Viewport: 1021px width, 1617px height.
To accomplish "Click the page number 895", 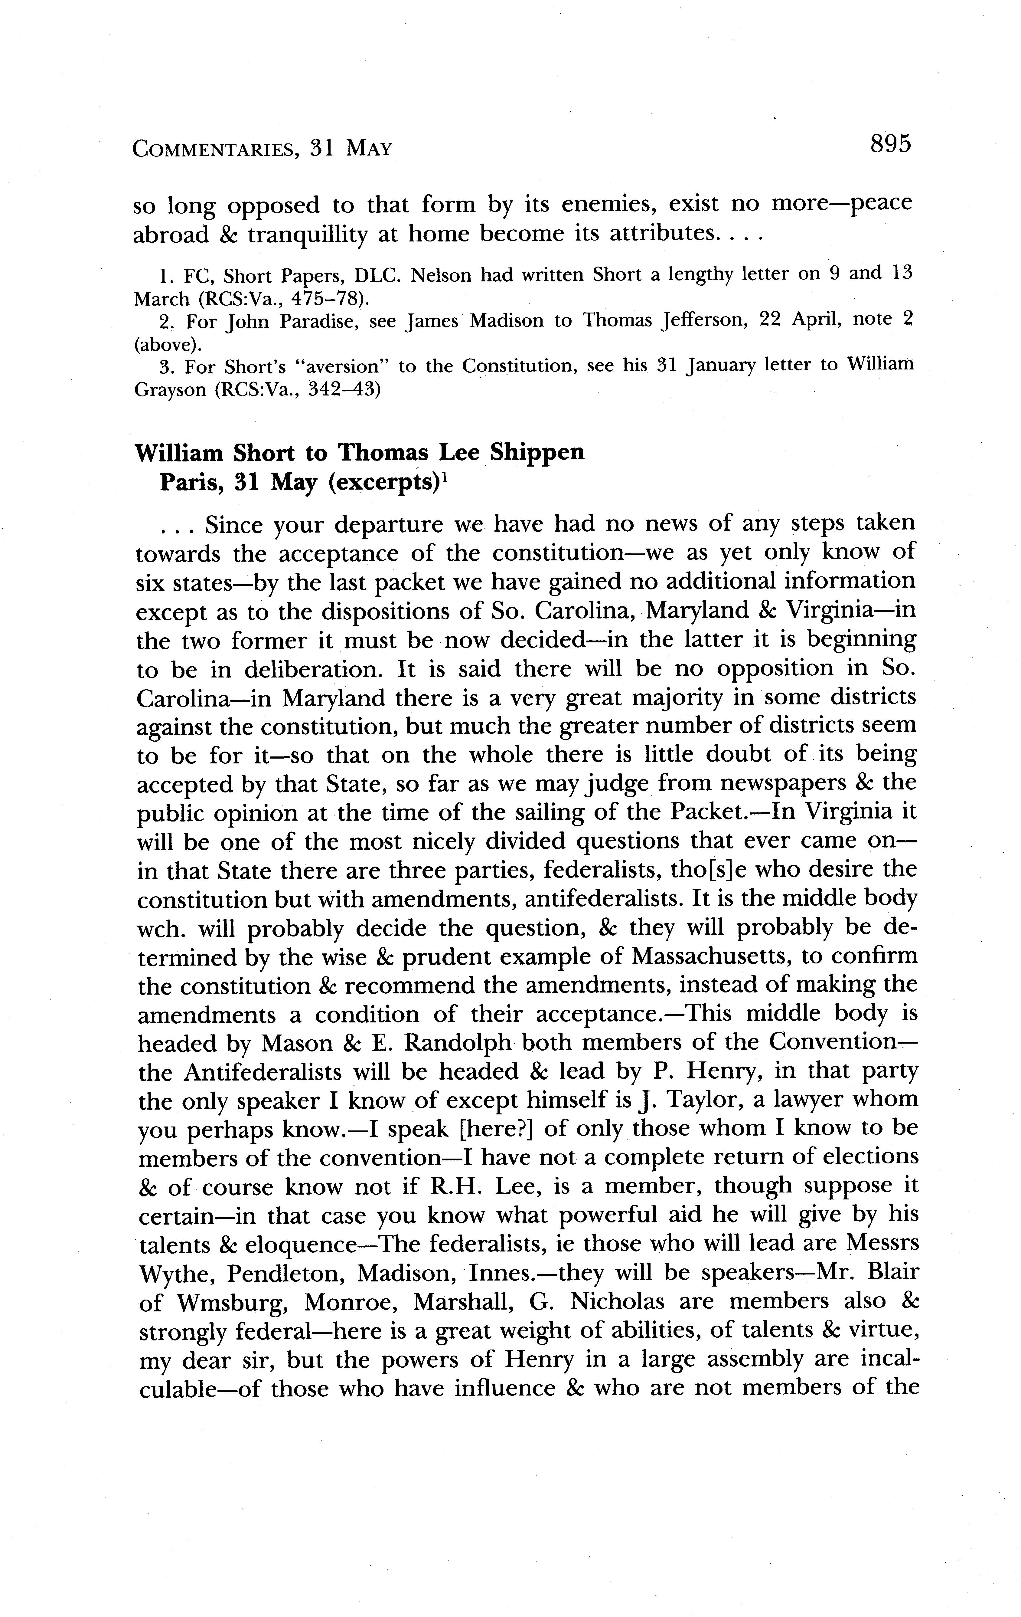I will tap(889, 144).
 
